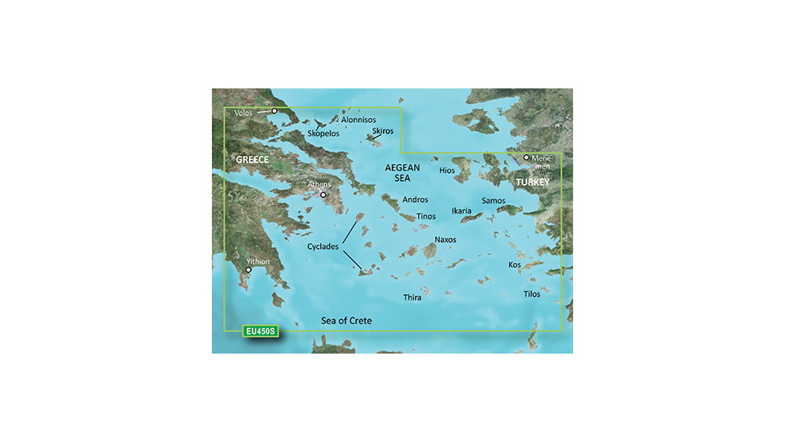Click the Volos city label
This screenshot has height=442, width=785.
243,113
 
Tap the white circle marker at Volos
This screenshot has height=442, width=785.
275,111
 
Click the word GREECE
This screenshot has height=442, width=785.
252,160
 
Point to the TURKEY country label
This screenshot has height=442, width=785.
532,183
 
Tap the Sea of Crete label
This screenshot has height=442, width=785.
346,321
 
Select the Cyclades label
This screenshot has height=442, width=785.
323,247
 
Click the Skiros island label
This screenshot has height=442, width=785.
384,130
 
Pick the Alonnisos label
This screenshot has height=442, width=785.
358,120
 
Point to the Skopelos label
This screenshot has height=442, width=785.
323,133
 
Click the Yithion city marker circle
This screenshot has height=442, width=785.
249,270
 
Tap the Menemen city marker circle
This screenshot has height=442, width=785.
527,158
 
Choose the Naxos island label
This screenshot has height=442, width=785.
445,239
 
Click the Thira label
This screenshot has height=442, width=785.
412,297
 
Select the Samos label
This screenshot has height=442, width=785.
493,199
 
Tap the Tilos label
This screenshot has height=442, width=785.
531,294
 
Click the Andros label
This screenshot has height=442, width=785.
415,199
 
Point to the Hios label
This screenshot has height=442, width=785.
447,170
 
